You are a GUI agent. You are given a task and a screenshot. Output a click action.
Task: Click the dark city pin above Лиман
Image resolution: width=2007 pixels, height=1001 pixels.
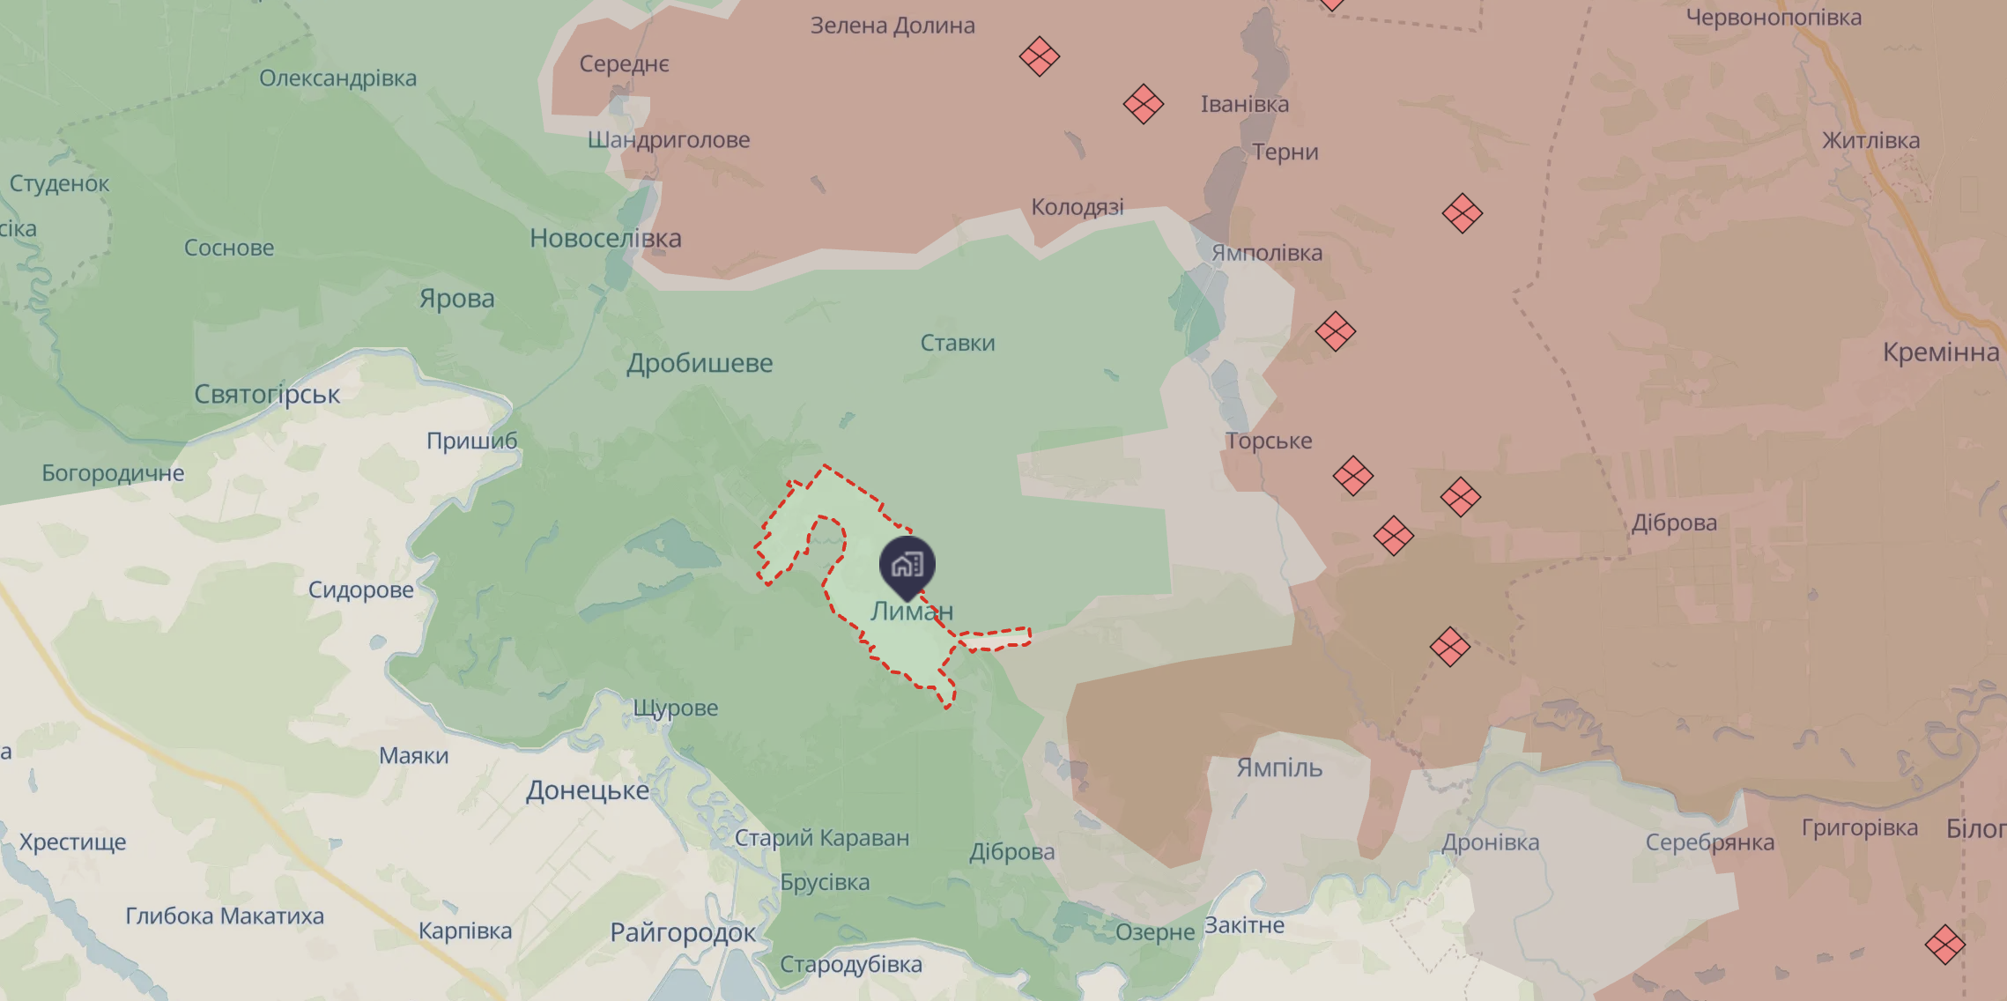tap(907, 565)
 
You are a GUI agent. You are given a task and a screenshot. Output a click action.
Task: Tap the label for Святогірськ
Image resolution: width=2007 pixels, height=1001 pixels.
tap(267, 394)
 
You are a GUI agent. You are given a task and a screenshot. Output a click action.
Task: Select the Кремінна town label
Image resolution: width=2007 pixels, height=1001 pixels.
tap(1940, 352)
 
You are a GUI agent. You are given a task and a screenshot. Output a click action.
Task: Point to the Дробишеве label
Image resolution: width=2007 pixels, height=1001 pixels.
tap(700, 363)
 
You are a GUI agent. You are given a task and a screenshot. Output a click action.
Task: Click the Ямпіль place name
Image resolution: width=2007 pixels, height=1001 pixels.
tap(1279, 767)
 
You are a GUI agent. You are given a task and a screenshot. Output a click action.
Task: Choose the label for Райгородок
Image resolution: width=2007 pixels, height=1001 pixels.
tap(683, 932)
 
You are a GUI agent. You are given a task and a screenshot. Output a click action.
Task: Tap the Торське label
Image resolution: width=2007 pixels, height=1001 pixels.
tap(1268, 441)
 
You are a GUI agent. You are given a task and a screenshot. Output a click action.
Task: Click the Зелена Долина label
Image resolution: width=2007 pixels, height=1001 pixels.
tap(892, 26)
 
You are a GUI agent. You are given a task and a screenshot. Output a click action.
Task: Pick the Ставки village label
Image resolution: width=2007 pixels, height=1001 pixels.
tap(958, 343)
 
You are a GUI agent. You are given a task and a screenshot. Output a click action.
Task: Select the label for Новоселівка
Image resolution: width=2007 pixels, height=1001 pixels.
tap(605, 238)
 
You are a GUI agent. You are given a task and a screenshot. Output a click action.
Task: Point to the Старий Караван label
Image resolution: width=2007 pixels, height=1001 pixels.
tap(822, 837)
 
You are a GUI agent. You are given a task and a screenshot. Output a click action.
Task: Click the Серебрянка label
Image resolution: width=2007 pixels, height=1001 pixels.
tap(1709, 842)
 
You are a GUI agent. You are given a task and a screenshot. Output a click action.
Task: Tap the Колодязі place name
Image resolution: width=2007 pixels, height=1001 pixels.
tap(1078, 207)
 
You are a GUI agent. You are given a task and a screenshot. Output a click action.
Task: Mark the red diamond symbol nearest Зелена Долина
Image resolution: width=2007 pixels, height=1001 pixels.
tap(1040, 57)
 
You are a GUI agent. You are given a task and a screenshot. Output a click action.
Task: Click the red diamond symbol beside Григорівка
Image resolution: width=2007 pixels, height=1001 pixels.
tap(1944, 945)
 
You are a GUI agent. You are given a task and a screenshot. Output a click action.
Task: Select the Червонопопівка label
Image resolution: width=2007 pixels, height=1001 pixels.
tap(1774, 18)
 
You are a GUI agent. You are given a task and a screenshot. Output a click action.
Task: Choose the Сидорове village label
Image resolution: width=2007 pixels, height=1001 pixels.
tap(360, 589)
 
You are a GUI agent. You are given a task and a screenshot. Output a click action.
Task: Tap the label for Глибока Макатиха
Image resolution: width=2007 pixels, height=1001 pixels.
tap(225, 916)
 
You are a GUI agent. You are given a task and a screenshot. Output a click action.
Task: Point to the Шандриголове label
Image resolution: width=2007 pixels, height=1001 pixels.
tap(669, 140)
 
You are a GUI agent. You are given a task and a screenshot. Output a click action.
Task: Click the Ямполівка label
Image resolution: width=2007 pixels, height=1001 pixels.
tap(1267, 253)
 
